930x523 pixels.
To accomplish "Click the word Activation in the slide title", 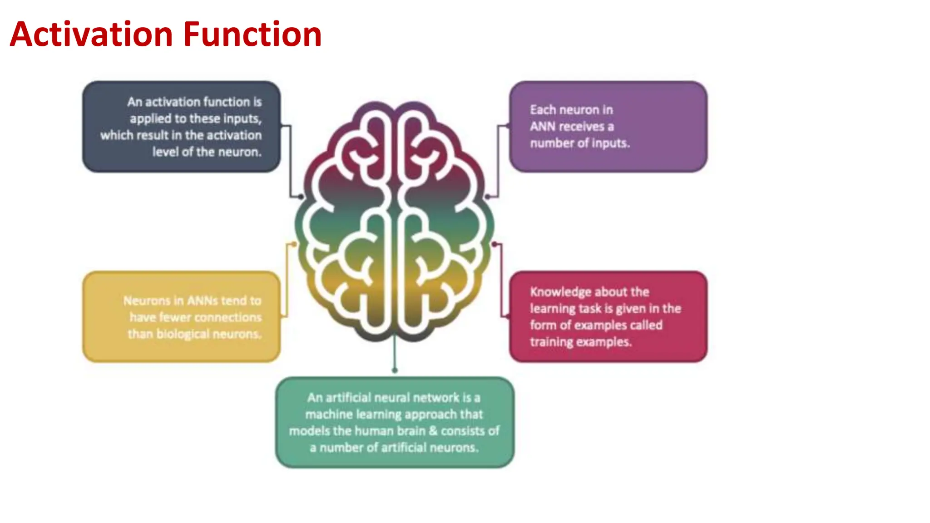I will point(91,35).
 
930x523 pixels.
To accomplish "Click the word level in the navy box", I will point(165,152).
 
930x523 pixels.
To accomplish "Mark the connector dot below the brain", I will point(395,370).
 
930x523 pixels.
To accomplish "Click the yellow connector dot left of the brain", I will point(294,244).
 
